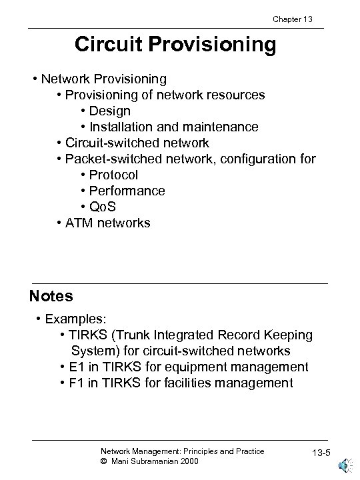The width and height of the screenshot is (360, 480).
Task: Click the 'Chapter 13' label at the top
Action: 291,19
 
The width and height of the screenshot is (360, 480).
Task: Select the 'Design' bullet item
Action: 111,111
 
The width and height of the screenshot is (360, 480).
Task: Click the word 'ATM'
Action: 81,223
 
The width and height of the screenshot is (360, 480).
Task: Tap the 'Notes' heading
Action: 51,295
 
